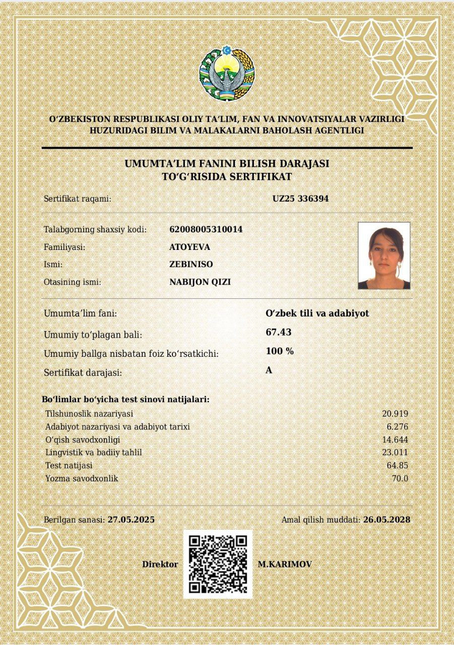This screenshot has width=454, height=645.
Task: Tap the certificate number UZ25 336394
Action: pos(300,199)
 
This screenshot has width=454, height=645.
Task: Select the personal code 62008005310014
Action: pos(206,229)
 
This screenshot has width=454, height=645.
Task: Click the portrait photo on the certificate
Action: pos(384,255)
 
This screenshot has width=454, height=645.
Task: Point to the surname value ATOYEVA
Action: pos(190,247)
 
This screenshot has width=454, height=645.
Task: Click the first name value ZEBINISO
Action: pos(191,264)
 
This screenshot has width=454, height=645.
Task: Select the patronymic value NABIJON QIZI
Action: pos(200,282)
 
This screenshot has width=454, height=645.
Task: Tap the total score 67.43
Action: pos(278,332)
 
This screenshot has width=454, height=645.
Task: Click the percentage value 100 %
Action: pos(280,351)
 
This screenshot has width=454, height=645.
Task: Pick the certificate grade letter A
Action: pos(269,370)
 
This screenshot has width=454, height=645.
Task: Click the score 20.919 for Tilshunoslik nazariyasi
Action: pos(395,414)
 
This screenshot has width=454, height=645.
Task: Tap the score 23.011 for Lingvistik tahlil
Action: pos(395,453)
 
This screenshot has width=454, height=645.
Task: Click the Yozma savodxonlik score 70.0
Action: pos(400,478)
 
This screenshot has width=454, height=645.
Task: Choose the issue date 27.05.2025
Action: pos(131,520)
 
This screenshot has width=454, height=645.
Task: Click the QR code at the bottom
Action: pos(218,564)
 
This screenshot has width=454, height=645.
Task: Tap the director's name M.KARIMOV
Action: pos(285,564)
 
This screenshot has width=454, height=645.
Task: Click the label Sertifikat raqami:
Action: pos(78,199)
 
